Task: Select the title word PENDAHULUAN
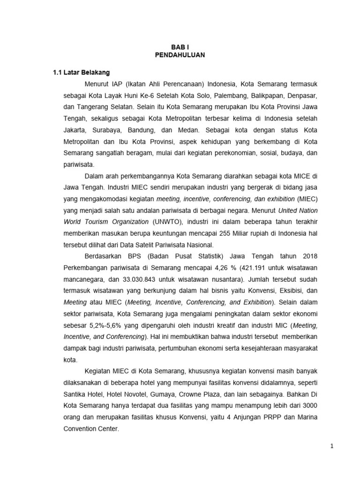click(x=180, y=55)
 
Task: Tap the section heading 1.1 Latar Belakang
click(x=81, y=73)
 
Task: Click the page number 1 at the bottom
click(x=331, y=447)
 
